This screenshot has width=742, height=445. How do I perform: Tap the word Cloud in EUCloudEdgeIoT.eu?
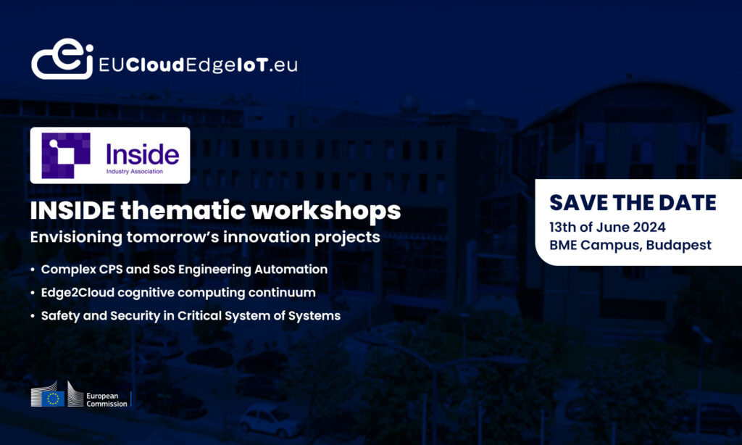tap(155, 65)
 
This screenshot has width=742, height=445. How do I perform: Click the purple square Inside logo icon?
tap(66, 155)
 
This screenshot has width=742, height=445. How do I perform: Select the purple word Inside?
tap(143, 154)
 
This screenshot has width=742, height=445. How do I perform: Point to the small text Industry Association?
tap(134, 171)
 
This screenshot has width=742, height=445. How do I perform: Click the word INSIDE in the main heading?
tap(72, 211)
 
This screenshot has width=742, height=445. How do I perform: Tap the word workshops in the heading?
tap(326, 212)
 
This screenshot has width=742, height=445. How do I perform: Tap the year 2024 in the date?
tap(649, 228)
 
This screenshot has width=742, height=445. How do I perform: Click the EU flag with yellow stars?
tap(53, 399)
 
